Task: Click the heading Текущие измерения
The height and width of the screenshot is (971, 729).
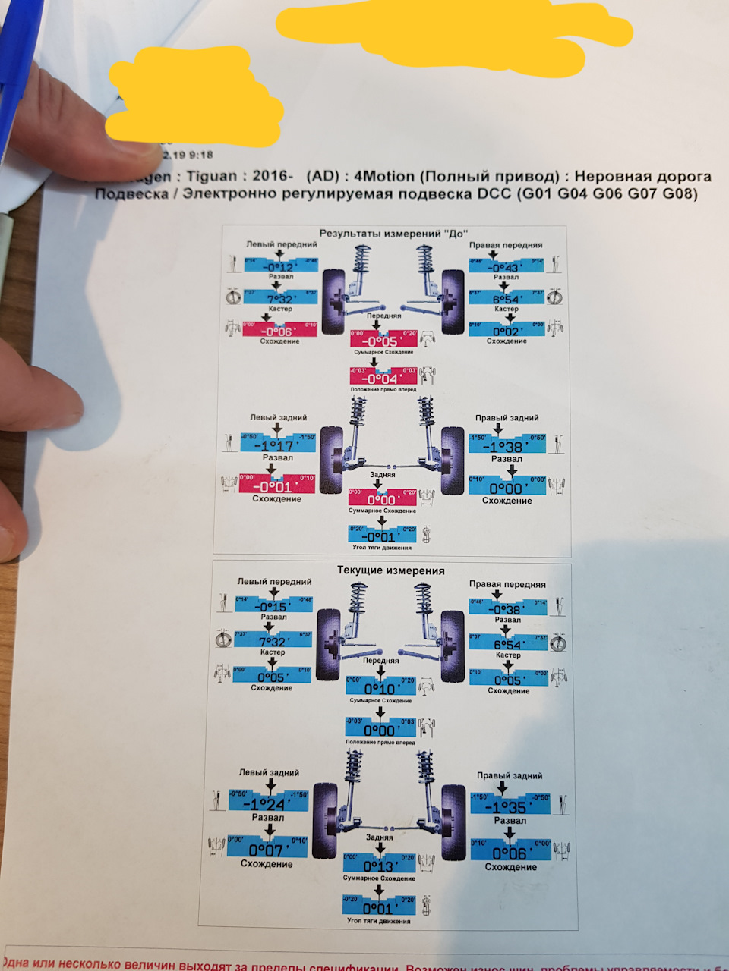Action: pos(390,570)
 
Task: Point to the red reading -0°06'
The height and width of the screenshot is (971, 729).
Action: pos(278,331)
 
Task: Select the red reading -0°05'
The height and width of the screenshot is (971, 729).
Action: pos(382,341)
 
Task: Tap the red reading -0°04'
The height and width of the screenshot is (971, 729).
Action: pos(381,378)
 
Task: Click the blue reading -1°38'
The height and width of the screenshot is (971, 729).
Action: pos(507,447)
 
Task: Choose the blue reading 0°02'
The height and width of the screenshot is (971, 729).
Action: pos(507,331)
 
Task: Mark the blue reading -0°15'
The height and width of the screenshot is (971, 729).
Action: pos(272,606)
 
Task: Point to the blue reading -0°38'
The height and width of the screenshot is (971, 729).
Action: pos(507,609)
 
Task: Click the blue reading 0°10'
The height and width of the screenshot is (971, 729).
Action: pos(380,688)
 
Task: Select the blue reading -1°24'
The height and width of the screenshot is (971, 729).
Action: pos(267,804)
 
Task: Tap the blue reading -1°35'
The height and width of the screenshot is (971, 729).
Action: pos(509,807)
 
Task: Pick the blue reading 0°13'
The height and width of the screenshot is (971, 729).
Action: pos(379,866)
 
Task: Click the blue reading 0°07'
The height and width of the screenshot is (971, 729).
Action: pos(266,850)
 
